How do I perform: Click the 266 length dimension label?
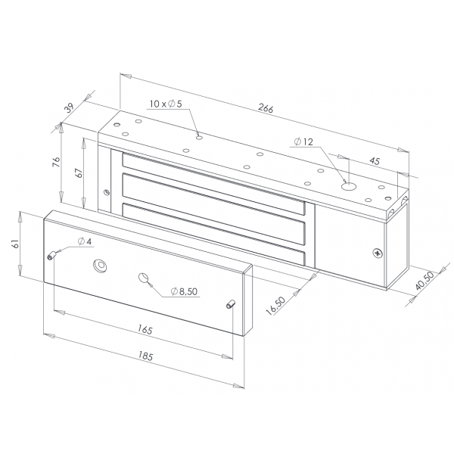pyautogui.click(x=266, y=108)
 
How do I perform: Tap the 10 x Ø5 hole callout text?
pyautogui.click(x=166, y=104)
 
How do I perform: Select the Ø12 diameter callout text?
pyautogui.click(x=303, y=142)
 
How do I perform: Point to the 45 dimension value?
pyautogui.click(x=375, y=161)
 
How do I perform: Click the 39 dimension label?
pyautogui.click(x=69, y=107)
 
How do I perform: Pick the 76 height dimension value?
pyautogui.click(x=56, y=162)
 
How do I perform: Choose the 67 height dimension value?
pyautogui.click(x=79, y=173)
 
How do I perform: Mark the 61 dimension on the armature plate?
pyautogui.click(x=15, y=243)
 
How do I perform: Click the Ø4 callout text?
pyautogui.click(x=85, y=241)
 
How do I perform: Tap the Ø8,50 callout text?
pyautogui.click(x=184, y=291)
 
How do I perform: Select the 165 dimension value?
pyautogui.click(x=145, y=330)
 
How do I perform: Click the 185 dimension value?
pyautogui.click(x=145, y=356)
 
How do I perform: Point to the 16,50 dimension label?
pyautogui.click(x=276, y=305)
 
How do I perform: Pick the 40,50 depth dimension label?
pyautogui.click(x=424, y=281)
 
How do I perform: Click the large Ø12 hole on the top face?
pyautogui.click(x=349, y=186)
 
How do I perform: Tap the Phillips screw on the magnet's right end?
pyautogui.click(x=378, y=253)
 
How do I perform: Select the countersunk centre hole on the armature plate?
pyautogui.click(x=100, y=266)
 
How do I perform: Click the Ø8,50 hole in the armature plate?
pyautogui.click(x=144, y=278)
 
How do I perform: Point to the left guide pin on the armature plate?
pyautogui.click(x=51, y=256)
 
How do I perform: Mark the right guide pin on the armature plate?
pyautogui.click(x=231, y=304)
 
